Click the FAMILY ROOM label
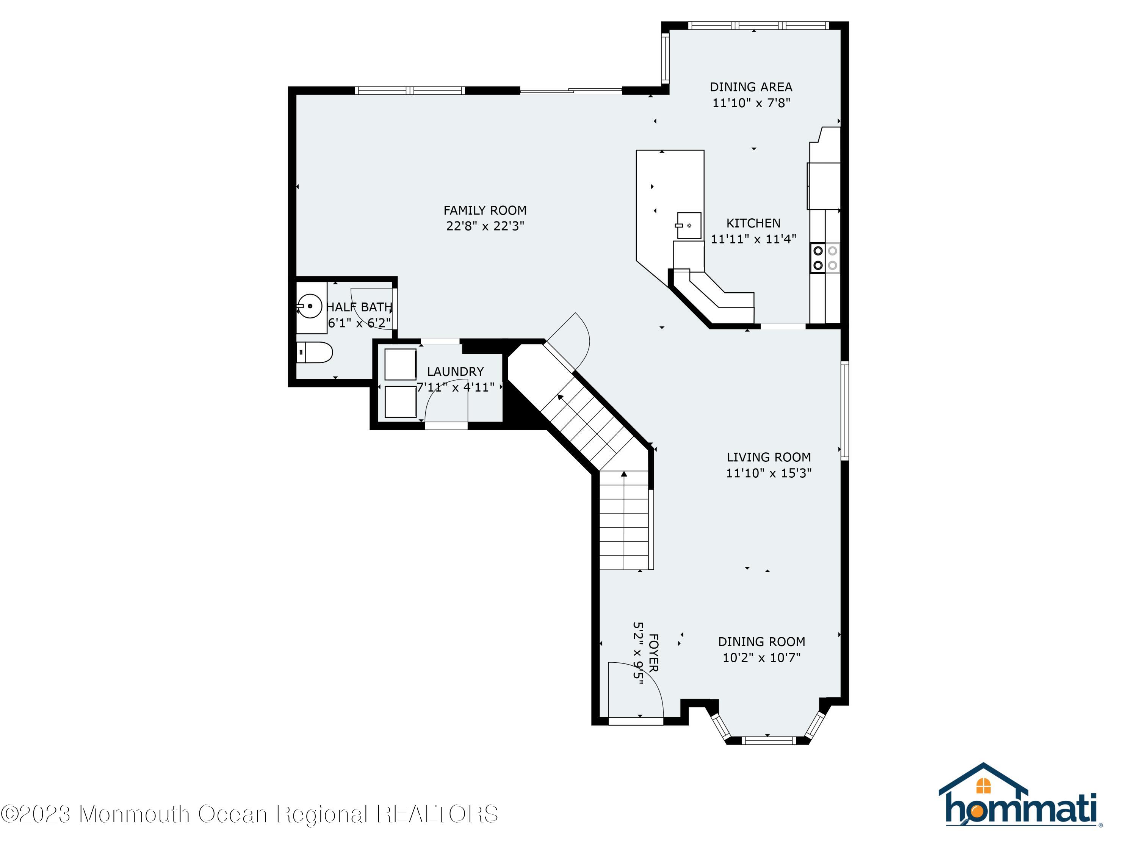pyautogui.click(x=485, y=210)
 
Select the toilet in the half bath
pyautogui.click(x=315, y=353)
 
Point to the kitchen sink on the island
pyautogui.click(x=689, y=225)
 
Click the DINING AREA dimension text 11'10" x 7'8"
pyautogui.click(x=751, y=103)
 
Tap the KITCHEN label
pyautogui.click(x=753, y=223)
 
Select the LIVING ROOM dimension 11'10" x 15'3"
pyautogui.click(x=769, y=473)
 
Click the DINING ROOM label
pyautogui.click(x=761, y=642)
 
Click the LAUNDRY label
pyautogui.click(x=456, y=371)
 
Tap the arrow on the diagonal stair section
pyautogui.click(x=560, y=397)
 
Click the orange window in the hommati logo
pyautogui.click(x=983, y=786)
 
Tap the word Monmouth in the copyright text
pyautogui.click(x=135, y=814)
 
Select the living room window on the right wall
pyautogui.click(x=844, y=410)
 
